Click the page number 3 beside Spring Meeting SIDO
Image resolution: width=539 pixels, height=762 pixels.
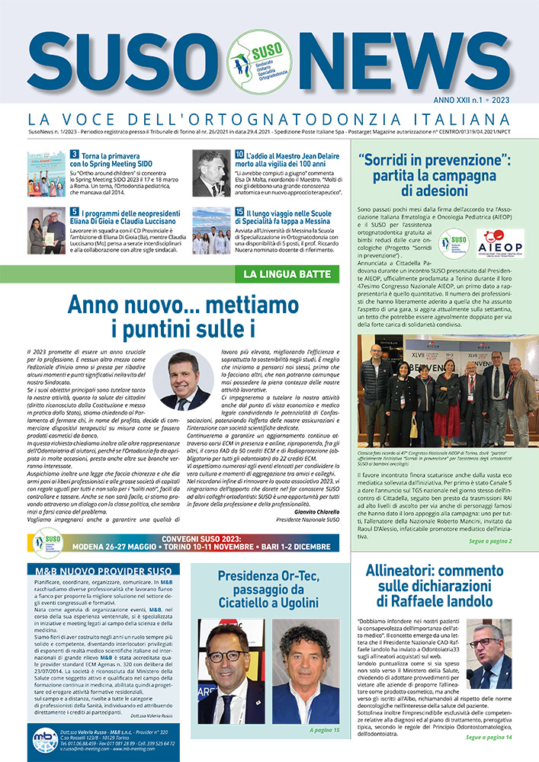point(74,154)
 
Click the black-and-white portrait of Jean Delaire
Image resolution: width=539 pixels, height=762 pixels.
point(211,173)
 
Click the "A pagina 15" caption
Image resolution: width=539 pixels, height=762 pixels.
point(320,730)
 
